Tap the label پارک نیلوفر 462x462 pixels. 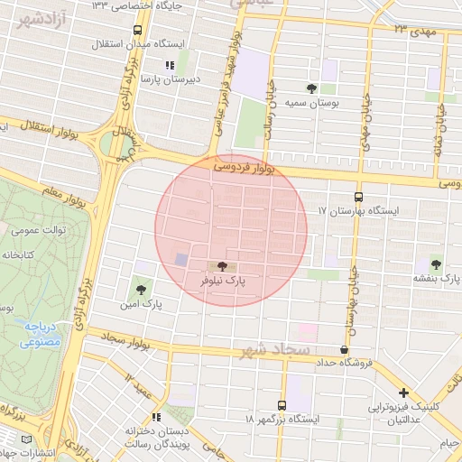222,282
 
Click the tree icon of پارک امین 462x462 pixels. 139,289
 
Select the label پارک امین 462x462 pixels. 144,305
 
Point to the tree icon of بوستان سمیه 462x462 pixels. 311,88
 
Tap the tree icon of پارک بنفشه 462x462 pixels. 436,264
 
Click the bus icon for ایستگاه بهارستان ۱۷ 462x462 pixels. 359,196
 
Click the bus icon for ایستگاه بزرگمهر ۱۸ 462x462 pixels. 282,405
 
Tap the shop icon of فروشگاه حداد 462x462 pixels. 344,349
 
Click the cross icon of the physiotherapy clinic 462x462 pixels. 403,393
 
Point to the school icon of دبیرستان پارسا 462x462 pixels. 169,65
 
